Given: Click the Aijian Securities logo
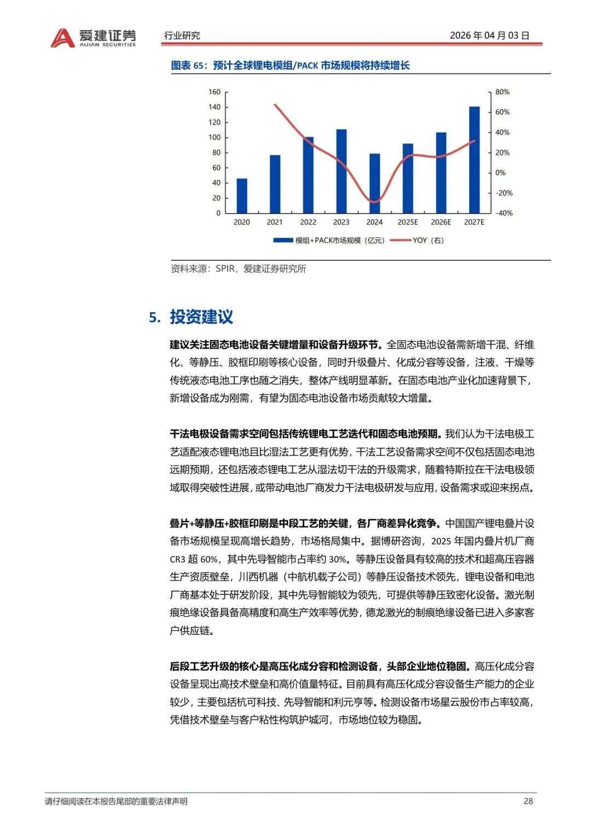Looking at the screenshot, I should click(93, 37).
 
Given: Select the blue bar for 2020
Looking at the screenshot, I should click(241, 196).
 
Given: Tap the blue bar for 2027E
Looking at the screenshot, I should click(474, 160).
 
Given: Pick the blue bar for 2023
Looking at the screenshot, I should click(341, 171).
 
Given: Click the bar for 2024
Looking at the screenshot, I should click(374, 184).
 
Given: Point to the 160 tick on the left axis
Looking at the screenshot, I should click(215, 92).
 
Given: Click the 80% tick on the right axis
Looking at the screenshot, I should click(502, 92).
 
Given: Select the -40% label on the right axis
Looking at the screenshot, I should click(503, 213).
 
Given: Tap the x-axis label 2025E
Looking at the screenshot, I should click(408, 222).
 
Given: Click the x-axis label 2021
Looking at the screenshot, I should click(275, 222).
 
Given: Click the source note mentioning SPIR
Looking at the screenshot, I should click(239, 268).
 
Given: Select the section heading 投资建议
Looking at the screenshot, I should click(201, 317).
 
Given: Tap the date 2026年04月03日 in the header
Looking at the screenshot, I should click(489, 36).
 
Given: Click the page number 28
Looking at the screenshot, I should click(528, 801).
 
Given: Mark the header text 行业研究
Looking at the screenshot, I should click(182, 36).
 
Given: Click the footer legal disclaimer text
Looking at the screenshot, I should click(116, 801).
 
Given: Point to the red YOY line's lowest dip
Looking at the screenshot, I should click(374, 202).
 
